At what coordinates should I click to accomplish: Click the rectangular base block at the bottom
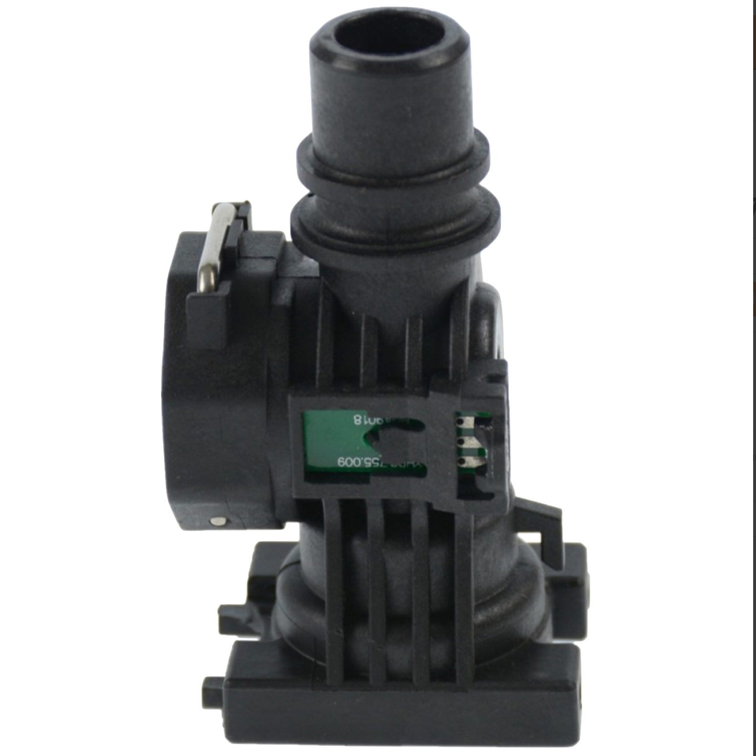[x=401, y=688]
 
